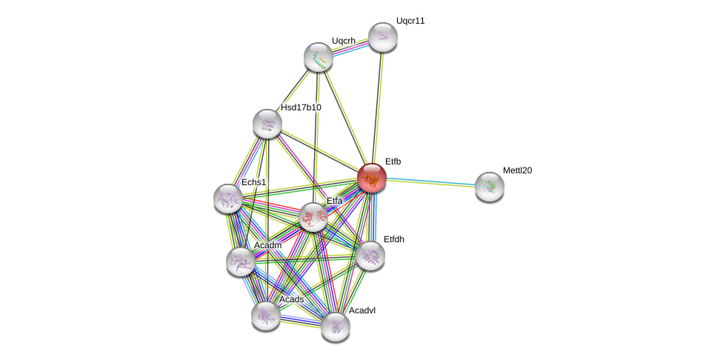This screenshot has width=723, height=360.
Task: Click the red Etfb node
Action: pos(372,178)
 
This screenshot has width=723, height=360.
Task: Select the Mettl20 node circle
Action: pos(490,187)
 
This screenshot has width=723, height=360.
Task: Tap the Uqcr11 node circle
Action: pos(383,37)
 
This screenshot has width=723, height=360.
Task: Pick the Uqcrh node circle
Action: pos(319,57)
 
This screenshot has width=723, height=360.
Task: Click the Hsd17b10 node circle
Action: pos(267,124)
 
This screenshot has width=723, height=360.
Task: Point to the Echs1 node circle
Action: pos(228,199)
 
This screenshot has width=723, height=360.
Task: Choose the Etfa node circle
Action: pos(313,217)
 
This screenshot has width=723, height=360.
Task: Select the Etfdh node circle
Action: pos(370,256)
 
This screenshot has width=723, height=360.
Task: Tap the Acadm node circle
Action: pos(241,261)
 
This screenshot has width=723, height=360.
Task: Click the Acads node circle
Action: pos(266,316)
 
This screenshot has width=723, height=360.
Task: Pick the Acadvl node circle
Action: pos(336,327)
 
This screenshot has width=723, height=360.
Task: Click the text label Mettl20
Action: pos(517,170)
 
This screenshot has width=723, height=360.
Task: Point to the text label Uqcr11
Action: pos(410,21)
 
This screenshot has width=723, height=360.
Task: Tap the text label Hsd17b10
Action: pos(301,107)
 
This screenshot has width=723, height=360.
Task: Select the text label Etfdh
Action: pos(394,239)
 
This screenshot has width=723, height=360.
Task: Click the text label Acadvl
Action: pos(362,310)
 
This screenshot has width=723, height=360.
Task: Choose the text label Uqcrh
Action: pos(344,41)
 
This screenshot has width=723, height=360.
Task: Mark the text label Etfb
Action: pos(393,161)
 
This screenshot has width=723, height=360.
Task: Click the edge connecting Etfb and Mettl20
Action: pos(430,182)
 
